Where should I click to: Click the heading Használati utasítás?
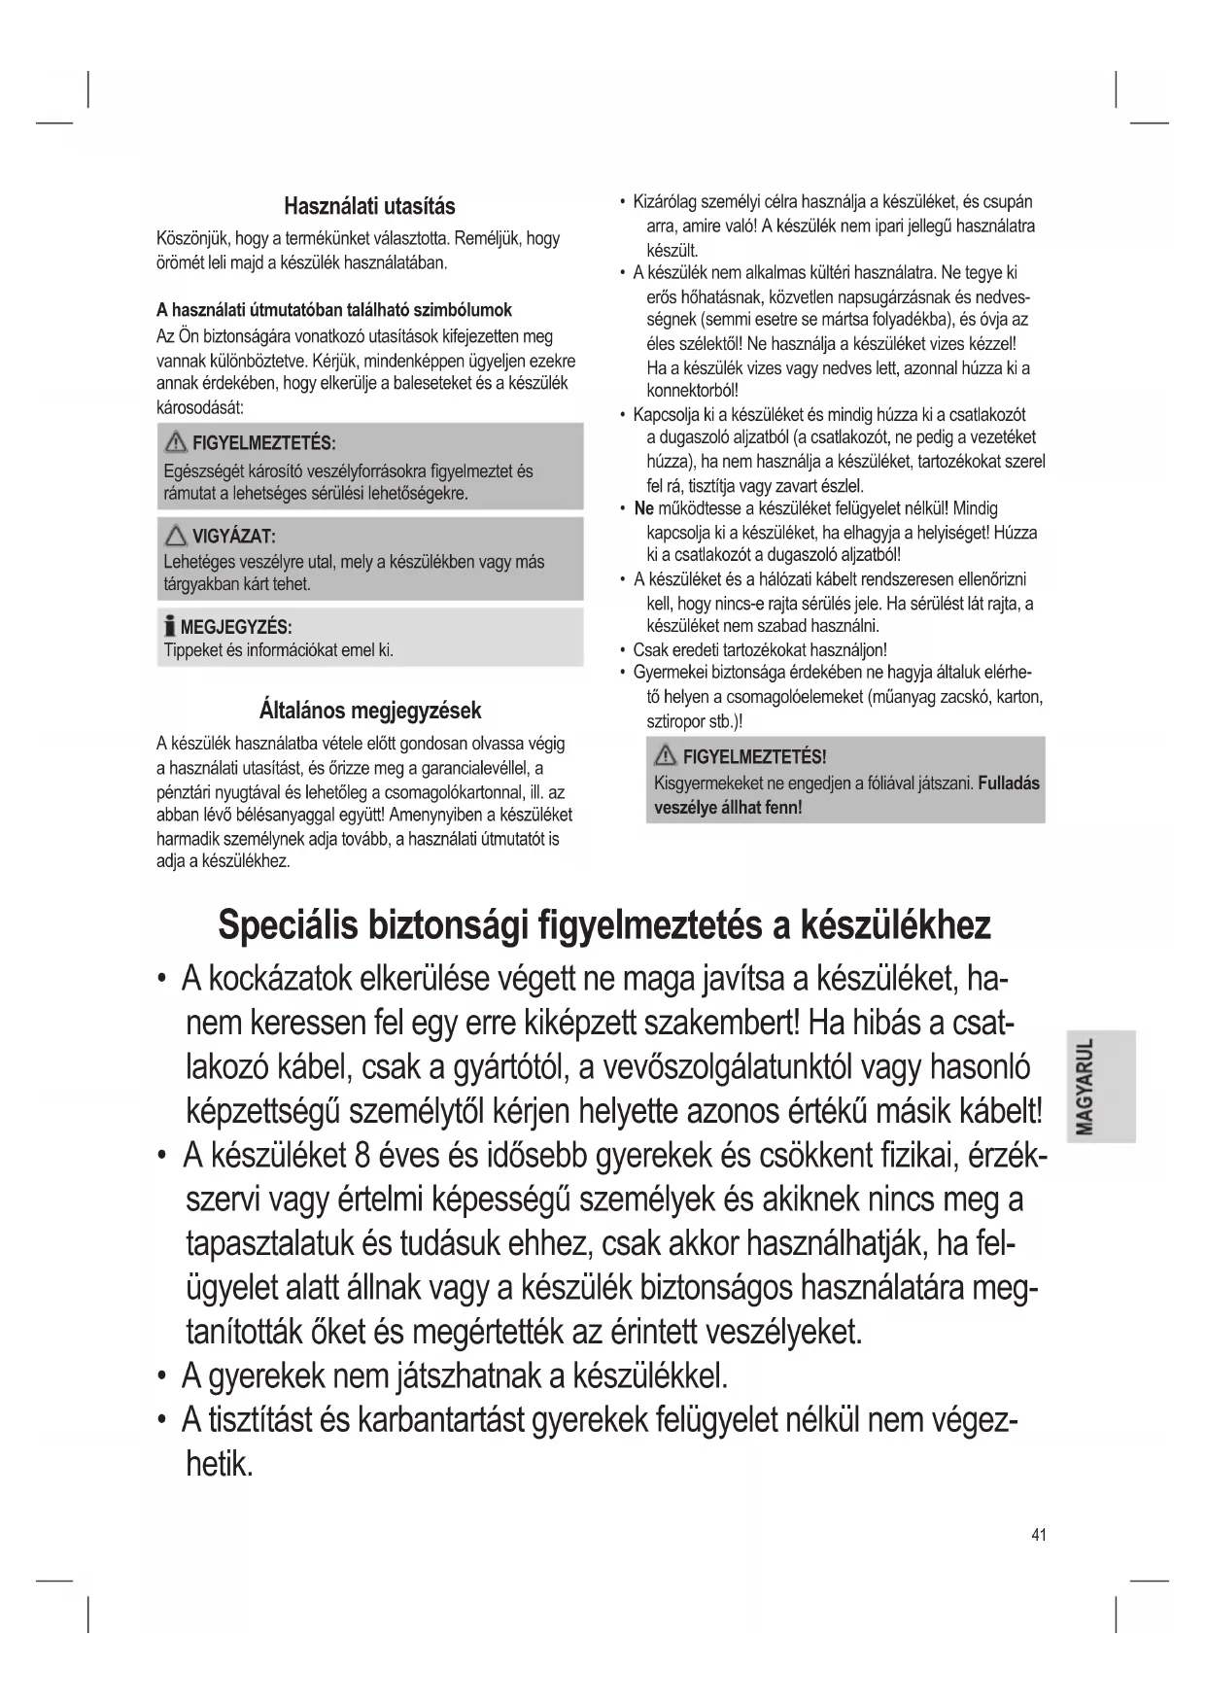pos(369,206)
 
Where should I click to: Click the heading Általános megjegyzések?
pos(370,711)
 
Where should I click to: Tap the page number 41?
pos(1039,1535)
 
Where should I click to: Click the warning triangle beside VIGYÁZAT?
pos(176,536)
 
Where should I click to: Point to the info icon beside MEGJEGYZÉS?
pos(170,627)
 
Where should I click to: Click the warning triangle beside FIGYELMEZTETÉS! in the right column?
pos(667,756)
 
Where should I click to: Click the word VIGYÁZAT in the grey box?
pos(233,537)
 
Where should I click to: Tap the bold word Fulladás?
pos(1009,783)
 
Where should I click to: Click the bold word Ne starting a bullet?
pos(643,508)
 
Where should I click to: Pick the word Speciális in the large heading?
pos(286,925)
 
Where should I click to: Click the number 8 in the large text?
pos(362,1155)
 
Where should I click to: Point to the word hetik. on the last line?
pos(219,1464)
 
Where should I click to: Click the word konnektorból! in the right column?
pos(693,391)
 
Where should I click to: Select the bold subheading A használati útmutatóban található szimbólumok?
pos(334,310)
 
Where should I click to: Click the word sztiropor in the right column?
pos(675,721)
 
